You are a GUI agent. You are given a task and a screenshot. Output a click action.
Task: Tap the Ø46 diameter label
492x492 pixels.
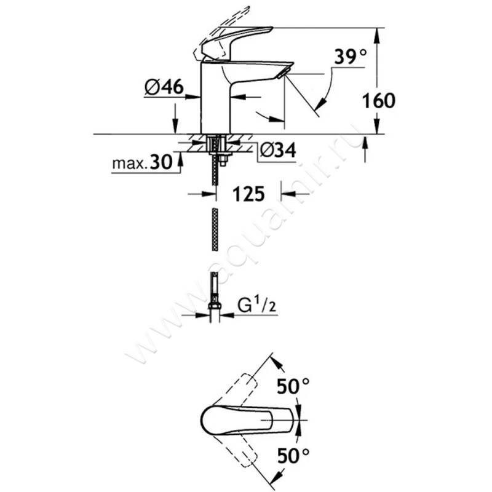[164, 88]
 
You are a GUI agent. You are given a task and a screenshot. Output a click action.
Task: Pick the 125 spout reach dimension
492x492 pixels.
[249, 194]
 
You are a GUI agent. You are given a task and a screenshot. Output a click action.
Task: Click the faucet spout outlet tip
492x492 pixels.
[282, 74]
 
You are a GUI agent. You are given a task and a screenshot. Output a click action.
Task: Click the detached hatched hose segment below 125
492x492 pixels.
[214, 229]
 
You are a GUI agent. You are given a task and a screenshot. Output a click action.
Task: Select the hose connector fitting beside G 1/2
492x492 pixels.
[215, 307]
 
